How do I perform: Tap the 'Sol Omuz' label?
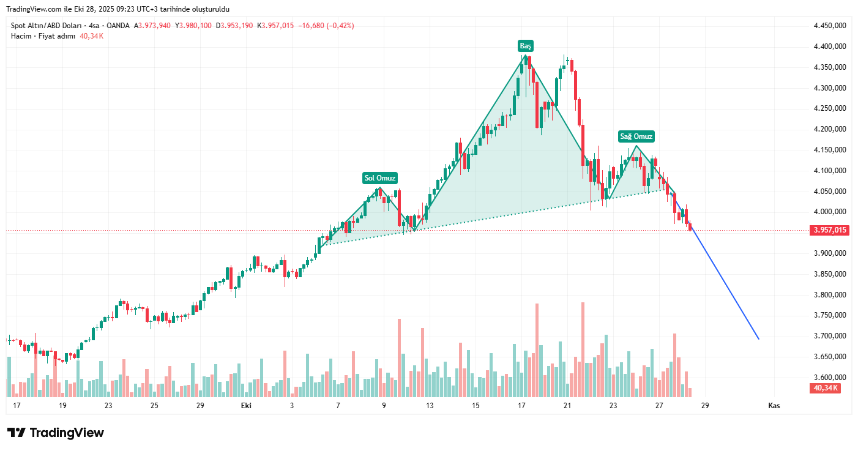point(381,178)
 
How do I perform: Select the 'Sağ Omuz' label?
point(636,136)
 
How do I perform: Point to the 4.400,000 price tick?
point(830,47)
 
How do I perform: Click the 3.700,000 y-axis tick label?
point(830,336)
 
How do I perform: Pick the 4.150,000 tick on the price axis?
point(830,150)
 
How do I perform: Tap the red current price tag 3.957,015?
point(830,231)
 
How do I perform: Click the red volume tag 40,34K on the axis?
point(826,388)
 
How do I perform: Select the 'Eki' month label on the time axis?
point(246,406)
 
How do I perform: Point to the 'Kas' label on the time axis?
point(774,406)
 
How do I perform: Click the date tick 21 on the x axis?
point(567,406)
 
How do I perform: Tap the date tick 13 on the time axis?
point(430,406)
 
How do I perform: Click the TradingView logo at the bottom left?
point(56,433)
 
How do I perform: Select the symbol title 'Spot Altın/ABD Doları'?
point(47,26)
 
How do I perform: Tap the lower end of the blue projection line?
point(759,338)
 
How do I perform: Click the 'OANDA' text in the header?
point(119,26)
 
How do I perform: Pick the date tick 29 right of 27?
point(705,406)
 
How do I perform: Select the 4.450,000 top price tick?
point(830,26)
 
